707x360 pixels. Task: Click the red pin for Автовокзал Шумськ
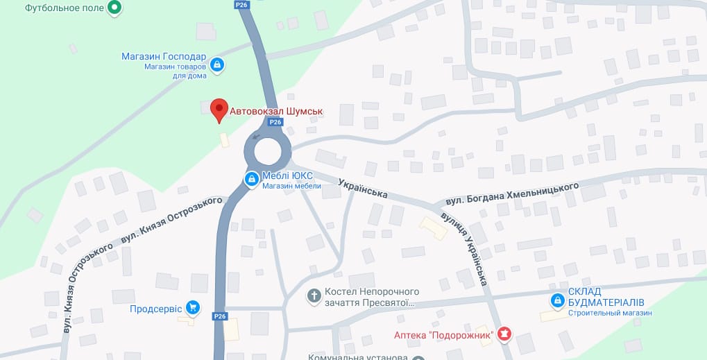click(x=219, y=110)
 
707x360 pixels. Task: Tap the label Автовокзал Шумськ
click(x=276, y=110)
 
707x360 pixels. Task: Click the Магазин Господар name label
click(x=163, y=57)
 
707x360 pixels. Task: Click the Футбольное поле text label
click(x=65, y=8)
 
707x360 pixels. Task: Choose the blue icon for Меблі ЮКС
click(x=250, y=180)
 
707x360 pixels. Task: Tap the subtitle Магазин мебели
click(x=291, y=186)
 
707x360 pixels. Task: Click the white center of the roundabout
click(x=268, y=151)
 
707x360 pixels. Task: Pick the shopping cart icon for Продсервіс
click(x=194, y=307)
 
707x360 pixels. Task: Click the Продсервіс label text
click(x=155, y=308)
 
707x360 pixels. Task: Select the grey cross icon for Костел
click(x=314, y=296)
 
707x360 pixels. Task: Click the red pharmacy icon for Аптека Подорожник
click(x=504, y=335)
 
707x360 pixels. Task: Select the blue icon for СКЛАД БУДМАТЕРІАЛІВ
click(x=556, y=300)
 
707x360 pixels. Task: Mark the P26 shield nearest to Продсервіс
click(x=220, y=316)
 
